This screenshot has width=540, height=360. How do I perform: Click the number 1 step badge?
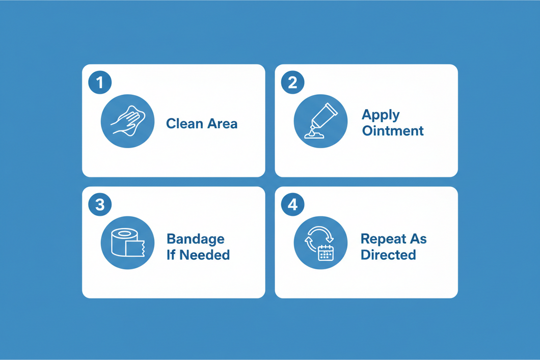click(100, 82)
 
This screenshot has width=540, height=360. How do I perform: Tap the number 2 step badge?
click(293, 82)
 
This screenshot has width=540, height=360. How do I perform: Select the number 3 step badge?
click(100, 204)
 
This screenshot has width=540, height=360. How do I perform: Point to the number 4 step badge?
click(293, 204)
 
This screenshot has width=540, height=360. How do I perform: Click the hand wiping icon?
click(128, 121)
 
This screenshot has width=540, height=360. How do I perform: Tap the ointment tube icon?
click(321, 121)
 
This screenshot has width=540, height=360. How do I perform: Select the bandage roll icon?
click(128, 243)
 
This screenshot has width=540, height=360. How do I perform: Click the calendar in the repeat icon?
click(326, 253)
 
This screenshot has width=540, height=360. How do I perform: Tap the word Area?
click(222, 124)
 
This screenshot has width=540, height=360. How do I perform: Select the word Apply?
click(381, 115)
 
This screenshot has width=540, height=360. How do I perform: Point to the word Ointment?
click(393, 131)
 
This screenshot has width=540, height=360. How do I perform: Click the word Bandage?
click(196, 239)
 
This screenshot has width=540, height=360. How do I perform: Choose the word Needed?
click(205, 255)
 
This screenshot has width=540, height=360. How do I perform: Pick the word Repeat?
click(383, 239)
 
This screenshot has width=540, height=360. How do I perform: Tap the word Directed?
click(389, 255)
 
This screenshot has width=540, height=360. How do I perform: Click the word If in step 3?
click(171, 255)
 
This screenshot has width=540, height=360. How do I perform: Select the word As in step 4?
click(418, 239)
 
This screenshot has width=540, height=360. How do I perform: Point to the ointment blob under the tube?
click(314, 135)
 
